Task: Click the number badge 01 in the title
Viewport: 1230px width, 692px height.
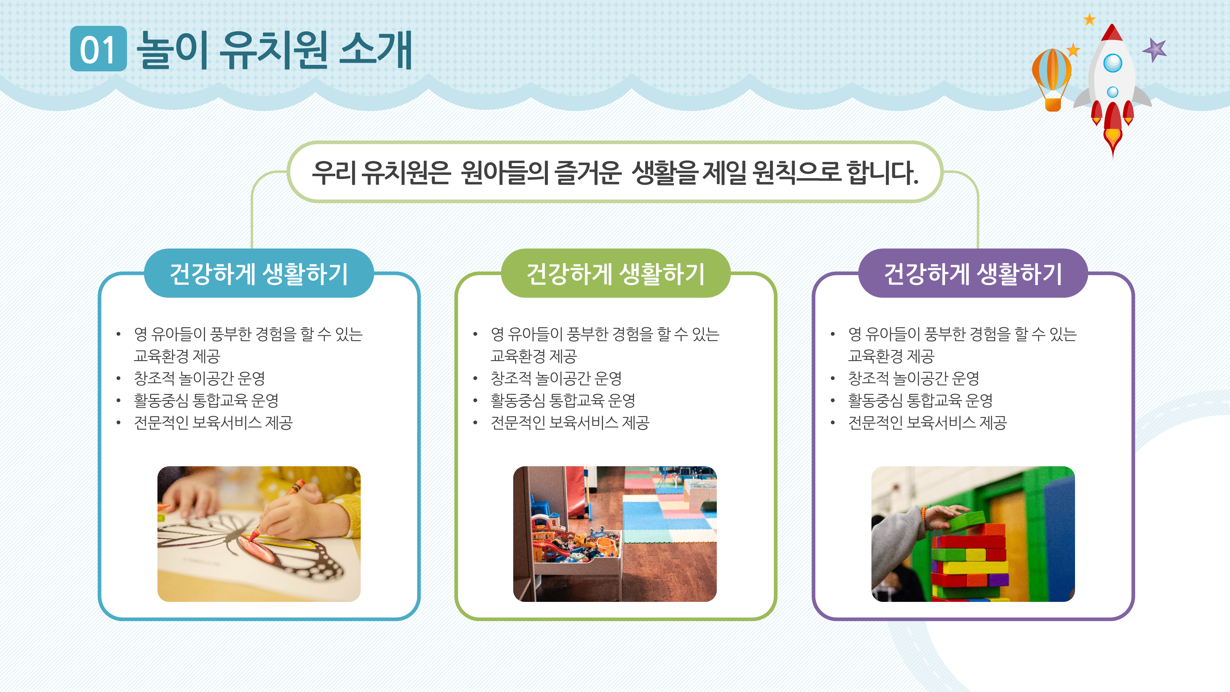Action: coord(98,49)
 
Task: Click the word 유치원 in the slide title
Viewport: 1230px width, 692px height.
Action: coord(273,50)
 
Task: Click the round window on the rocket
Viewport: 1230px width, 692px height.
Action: coord(1113,62)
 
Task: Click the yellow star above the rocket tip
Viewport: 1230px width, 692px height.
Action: coord(1089,20)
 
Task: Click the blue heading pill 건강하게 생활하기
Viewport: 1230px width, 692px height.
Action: coord(259,274)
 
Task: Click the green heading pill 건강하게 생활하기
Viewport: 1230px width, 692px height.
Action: coord(616,274)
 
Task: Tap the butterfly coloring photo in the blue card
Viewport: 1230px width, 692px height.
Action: coord(259,533)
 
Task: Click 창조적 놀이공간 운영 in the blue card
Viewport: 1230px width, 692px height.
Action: coord(199,378)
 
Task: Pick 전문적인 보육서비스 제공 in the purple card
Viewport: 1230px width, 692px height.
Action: coord(927,423)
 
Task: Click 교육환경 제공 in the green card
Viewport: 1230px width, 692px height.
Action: coord(533,356)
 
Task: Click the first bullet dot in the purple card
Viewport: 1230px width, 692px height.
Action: coord(832,334)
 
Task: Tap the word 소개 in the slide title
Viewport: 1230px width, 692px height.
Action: coord(375,50)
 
